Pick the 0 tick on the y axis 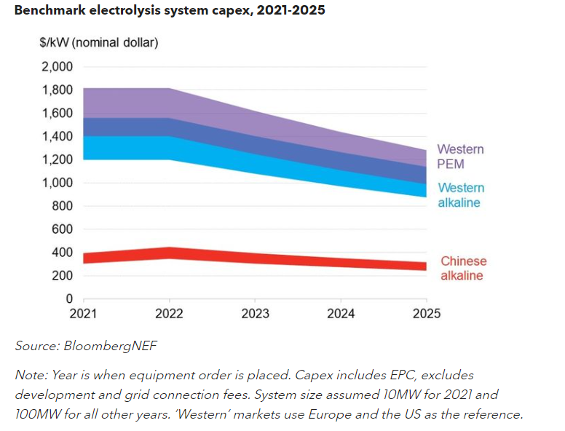(69, 298)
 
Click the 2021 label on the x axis (84, 314)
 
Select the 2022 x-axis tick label (169, 314)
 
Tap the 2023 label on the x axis (255, 314)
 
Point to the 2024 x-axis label (340, 314)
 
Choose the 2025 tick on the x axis (426, 314)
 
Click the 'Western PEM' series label (460, 157)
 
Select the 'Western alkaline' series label (460, 195)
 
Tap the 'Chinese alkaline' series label (463, 268)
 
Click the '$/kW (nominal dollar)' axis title (98, 42)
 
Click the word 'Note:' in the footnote (31, 375)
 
